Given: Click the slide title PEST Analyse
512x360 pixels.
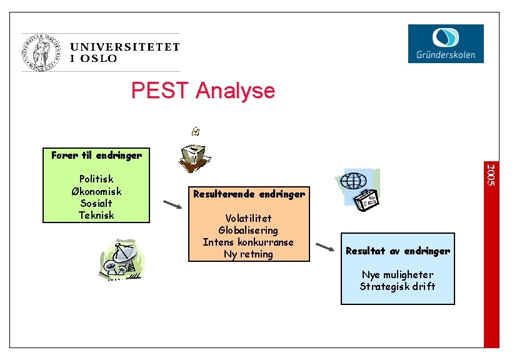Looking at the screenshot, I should (203, 91).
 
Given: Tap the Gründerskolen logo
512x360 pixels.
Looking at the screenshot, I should (446, 43).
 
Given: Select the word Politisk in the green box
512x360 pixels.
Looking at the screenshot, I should (96, 179).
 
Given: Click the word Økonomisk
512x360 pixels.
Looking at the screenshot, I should (96, 191).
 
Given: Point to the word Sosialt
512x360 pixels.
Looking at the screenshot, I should (96, 203).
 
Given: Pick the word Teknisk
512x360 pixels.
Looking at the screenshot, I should (96, 215).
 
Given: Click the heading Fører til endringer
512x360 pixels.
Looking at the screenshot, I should (96, 155).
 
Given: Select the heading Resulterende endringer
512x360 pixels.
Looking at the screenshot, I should (249, 194).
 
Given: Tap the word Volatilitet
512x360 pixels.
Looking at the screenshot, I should (249, 218).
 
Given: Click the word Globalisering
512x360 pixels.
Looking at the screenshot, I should (249, 230).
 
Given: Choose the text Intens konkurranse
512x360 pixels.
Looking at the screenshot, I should (249, 242).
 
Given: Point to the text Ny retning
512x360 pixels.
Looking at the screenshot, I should (249, 254).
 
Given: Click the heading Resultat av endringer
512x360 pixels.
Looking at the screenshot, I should (398, 251).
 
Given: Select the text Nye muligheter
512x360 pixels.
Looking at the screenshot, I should (398, 274).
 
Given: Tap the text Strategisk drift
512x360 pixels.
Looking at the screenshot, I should (398, 286).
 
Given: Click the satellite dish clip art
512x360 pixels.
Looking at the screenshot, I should (122, 260).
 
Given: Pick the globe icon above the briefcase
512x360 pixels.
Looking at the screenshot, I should (354, 181).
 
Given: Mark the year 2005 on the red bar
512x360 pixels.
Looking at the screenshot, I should (492, 174).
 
